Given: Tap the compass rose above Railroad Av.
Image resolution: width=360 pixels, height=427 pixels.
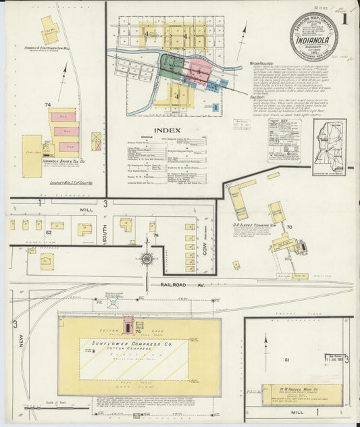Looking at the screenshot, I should coord(147,257).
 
